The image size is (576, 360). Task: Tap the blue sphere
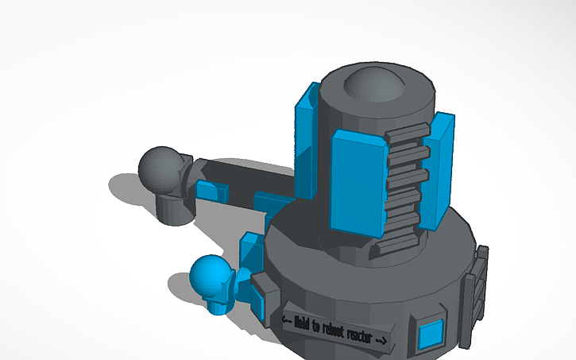(211, 276)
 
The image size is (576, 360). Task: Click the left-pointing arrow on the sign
(287, 319)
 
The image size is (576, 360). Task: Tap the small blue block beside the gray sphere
(211, 192)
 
